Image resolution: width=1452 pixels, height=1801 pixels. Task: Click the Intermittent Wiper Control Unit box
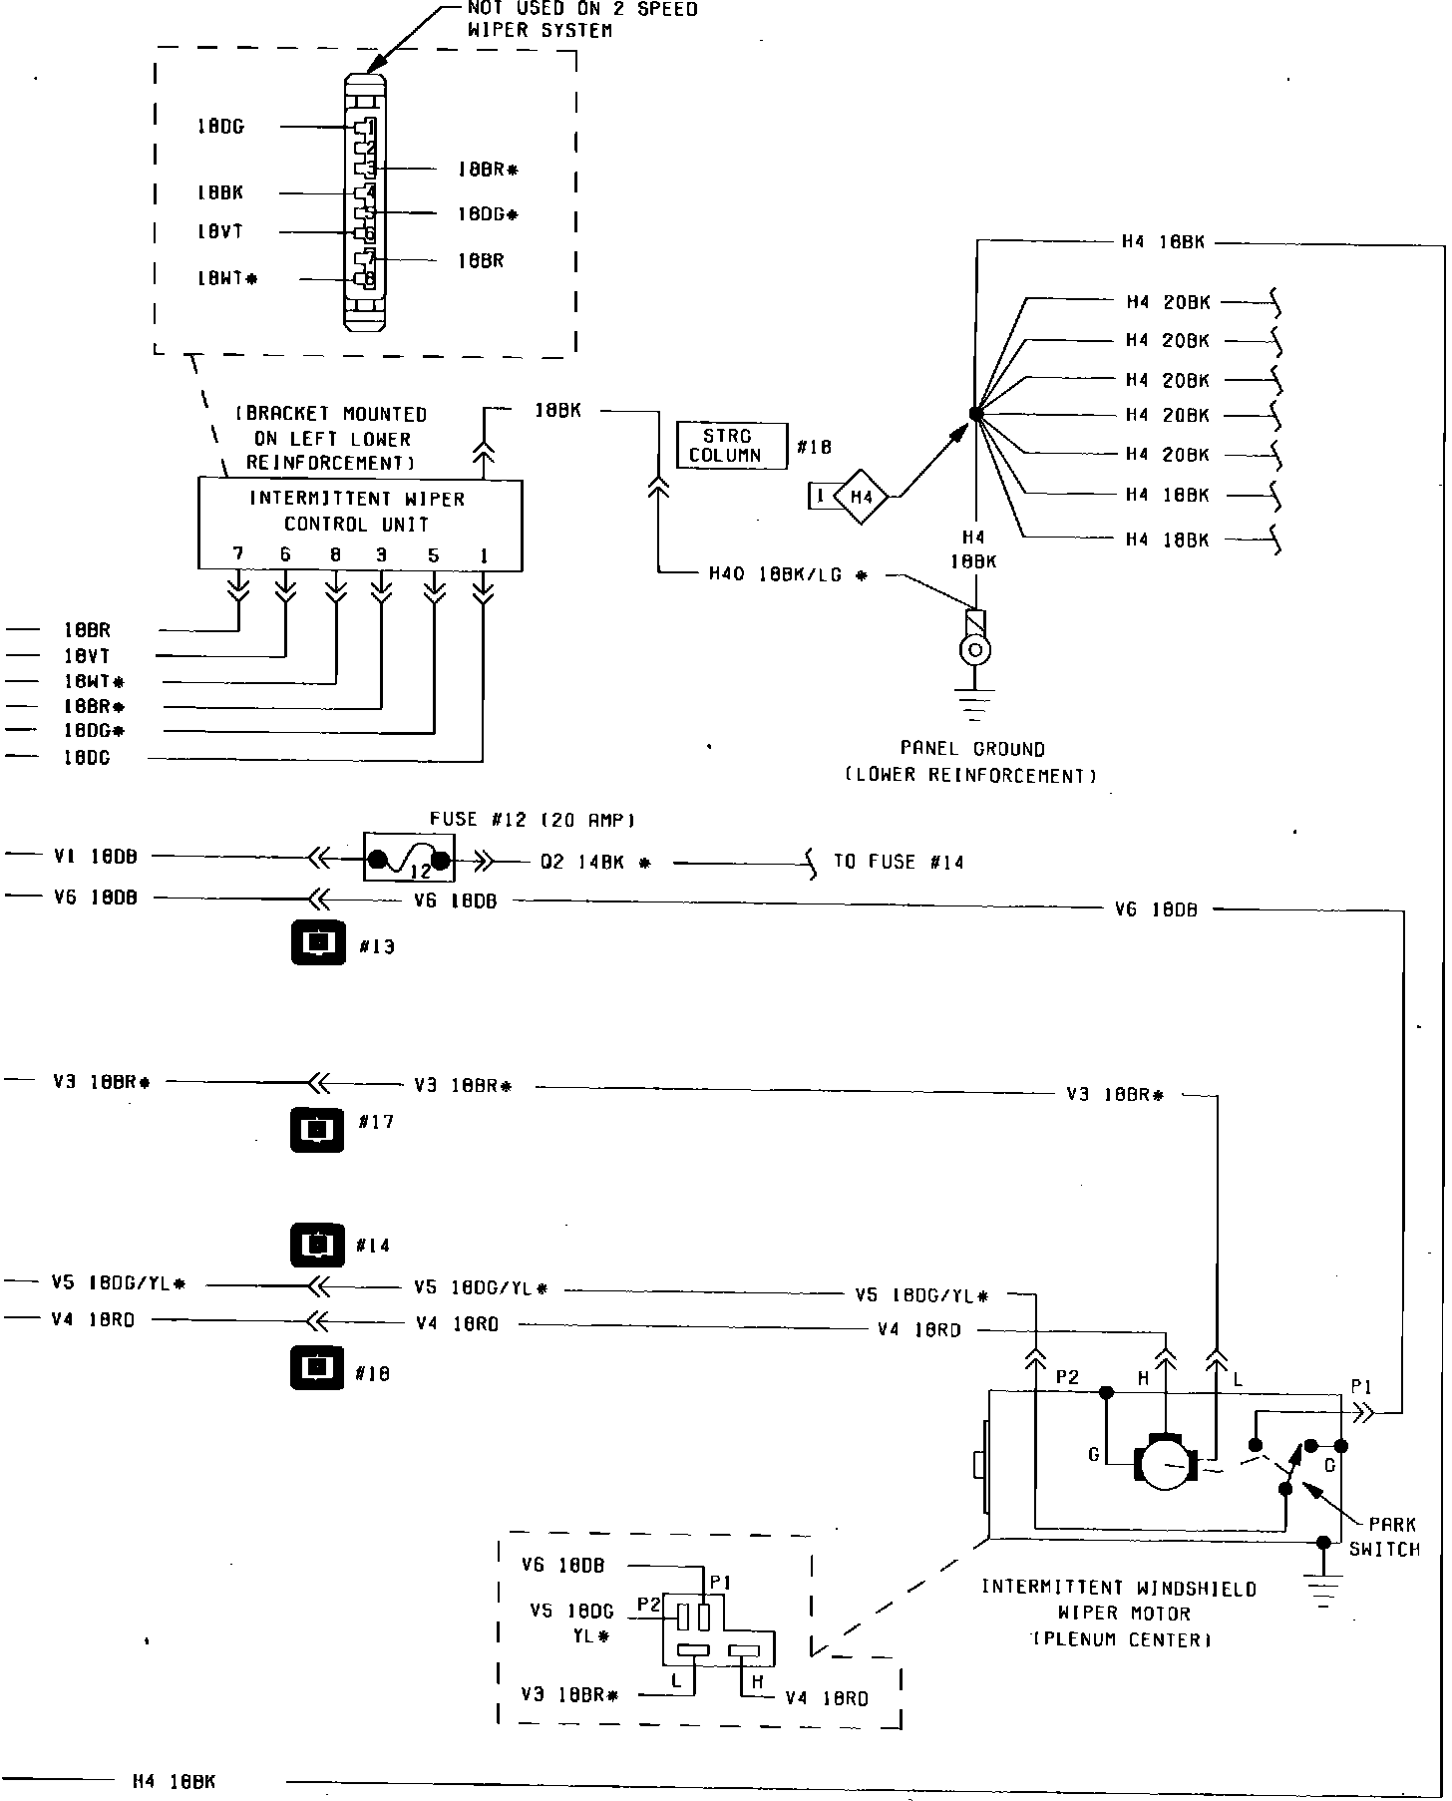(x=359, y=525)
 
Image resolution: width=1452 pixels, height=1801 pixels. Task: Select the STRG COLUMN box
(x=731, y=446)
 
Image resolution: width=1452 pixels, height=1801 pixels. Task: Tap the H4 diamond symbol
(x=860, y=496)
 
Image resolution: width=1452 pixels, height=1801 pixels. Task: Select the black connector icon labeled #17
(x=317, y=1130)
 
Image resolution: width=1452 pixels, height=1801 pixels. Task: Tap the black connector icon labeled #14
(x=317, y=1245)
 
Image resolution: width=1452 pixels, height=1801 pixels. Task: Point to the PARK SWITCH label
(x=1385, y=1537)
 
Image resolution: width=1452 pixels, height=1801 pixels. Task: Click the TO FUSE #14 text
(x=899, y=862)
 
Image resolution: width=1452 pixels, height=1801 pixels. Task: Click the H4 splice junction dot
(x=975, y=414)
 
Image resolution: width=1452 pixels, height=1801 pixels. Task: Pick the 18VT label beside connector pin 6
(x=218, y=232)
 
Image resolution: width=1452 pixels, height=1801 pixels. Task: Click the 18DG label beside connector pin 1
(x=219, y=127)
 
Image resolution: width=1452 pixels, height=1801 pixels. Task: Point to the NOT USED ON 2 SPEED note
(x=582, y=19)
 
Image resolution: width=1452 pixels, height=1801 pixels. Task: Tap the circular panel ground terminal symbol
(x=974, y=651)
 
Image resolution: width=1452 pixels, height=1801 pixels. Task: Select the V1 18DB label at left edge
(x=95, y=856)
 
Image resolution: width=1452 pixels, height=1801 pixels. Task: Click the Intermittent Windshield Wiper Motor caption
(x=1119, y=1613)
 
